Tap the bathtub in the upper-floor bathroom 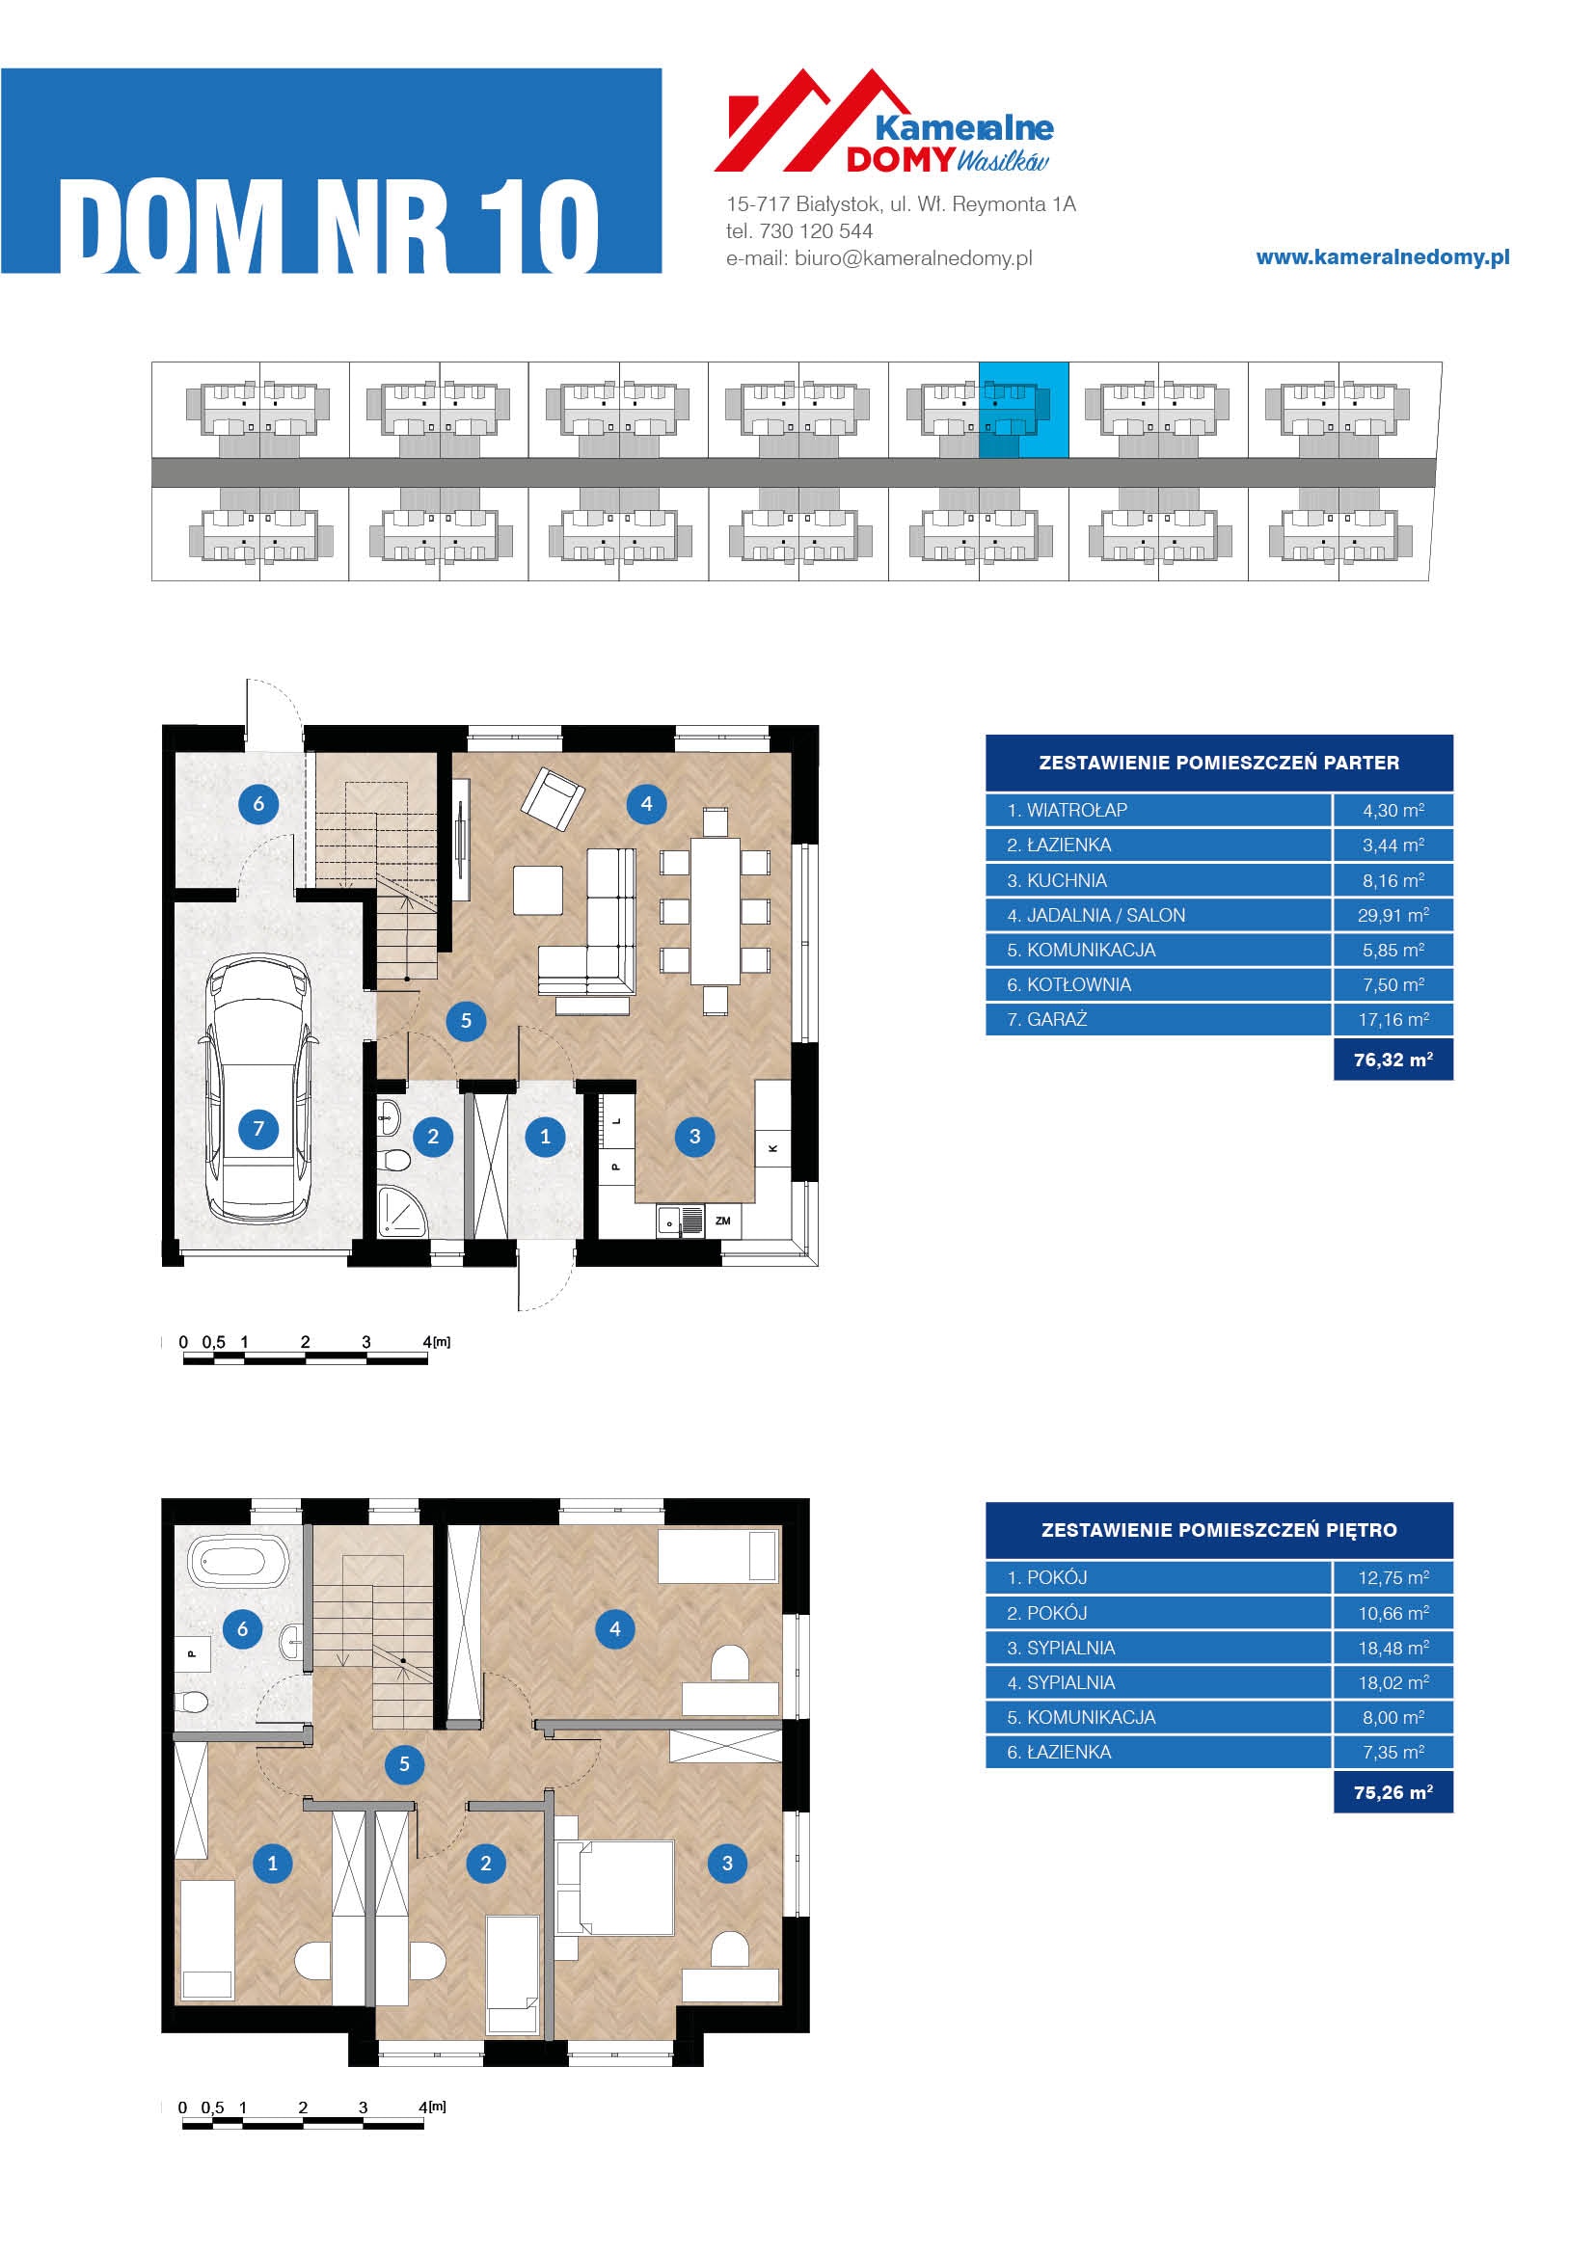click(238, 1562)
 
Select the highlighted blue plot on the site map click(1023, 410)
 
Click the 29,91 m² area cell click(1392, 915)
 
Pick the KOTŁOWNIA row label click(1078, 985)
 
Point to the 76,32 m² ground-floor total click(1392, 1060)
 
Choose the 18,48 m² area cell click(1392, 1648)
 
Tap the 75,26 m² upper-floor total click(1392, 1792)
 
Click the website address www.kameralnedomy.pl click(1383, 257)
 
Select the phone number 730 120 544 click(815, 231)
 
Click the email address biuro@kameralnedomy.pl click(913, 258)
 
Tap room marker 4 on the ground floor click(646, 804)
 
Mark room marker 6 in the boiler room click(258, 804)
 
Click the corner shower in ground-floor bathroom click(402, 1210)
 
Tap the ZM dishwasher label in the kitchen click(723, 1221)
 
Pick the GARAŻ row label click(1057, 1019)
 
